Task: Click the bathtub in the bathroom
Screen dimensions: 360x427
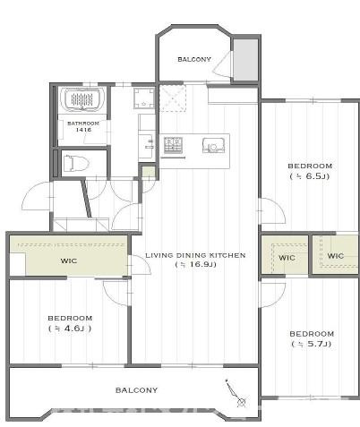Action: pyautogui.click(x=82, y=99)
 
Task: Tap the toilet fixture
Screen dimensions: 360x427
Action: pyautogui.click(x=76, y=163)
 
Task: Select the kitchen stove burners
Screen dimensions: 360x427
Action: pyautogui.click(x=173, y=145)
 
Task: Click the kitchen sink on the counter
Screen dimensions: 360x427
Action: pyautogui.click(x=213, y=146)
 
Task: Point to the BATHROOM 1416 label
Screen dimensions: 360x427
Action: pyautogui.click(x=83, y=126)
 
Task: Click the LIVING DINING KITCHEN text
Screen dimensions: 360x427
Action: pyautogui.click(x=195, y=255)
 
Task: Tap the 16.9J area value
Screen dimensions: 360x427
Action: pyautogui.click(x=195, y=264)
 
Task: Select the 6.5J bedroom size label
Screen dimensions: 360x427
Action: pyautogui.click(x=310, y=176)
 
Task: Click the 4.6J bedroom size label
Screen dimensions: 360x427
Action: pyautogui.click(x=70, y=329)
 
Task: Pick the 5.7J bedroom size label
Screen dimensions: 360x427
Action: pyautogui.click(x=312, y=344)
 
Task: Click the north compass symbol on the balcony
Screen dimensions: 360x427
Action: pyautogui.click(x=236, y=394)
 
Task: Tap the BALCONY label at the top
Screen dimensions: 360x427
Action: pyautogui.click(x=194, y=59)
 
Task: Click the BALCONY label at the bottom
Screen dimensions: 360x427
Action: pyautogui.click(x=136, y=390)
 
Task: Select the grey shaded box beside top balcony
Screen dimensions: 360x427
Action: pyautogui.click(x=245, y=60)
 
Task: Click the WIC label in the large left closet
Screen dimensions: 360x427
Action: pyautogui.click(x=69, y=260)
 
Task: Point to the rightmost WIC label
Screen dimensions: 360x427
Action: pyautogui.click(x=336, y=256)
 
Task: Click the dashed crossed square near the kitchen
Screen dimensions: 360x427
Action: pyautogui.click(x=173, y=98)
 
